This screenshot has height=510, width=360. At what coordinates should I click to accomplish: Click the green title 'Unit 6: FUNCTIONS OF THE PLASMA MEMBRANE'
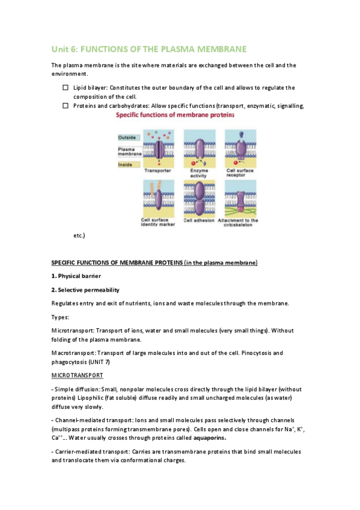[149, 49]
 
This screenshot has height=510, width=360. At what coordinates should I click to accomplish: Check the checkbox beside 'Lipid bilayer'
[66, 87]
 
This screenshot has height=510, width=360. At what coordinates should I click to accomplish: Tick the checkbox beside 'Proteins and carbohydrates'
[66, 105]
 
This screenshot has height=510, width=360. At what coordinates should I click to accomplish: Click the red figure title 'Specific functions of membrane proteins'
[175, 114]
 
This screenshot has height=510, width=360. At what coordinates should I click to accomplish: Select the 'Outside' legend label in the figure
[127, 137]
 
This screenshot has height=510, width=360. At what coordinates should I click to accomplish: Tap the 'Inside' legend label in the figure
[125, 165]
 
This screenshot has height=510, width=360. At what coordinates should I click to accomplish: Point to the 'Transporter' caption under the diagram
[157, 170]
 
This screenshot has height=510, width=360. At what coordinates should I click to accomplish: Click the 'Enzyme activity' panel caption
[199, 173]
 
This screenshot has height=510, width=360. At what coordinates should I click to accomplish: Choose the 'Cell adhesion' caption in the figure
[199, 220]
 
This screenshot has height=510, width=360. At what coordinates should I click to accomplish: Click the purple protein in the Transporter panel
[159, 149]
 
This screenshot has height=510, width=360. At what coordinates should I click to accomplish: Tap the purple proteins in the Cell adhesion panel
[199, 199]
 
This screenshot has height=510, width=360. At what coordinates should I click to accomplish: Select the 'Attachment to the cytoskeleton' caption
[238, 223]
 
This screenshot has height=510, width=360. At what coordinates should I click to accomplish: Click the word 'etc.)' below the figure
[79, 235]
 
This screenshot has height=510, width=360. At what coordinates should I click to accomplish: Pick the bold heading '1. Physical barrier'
[76, 276]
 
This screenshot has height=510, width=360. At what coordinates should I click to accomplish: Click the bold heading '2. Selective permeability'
[85, 290]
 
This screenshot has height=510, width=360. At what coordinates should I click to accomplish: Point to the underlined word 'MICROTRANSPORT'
[78, 375]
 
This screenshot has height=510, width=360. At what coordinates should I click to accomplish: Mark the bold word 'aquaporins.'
[210, 438]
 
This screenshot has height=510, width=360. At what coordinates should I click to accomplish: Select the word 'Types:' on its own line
[60, 317]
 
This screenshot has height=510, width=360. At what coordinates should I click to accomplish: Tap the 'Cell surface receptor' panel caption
[240, 173]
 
